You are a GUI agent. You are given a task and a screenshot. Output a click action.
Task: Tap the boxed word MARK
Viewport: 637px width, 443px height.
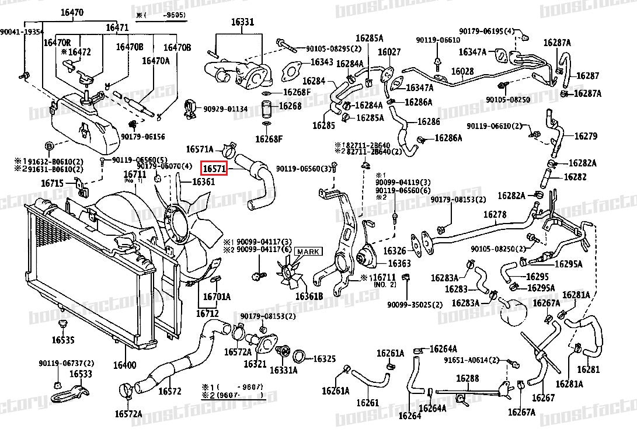point(308,252)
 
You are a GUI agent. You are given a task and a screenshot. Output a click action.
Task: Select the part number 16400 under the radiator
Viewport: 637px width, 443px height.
point(124,365)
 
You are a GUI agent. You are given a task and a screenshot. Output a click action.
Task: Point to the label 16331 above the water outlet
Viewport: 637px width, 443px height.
point(242,22)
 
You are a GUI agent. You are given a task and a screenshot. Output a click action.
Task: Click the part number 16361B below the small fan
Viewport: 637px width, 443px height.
point(309,297)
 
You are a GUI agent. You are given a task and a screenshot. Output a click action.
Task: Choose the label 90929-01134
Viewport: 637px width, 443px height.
point(225,109)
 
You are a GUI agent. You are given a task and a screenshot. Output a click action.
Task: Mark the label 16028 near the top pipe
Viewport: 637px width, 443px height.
point(462,71)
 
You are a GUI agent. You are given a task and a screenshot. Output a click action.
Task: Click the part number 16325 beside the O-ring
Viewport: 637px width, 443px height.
point(325,358)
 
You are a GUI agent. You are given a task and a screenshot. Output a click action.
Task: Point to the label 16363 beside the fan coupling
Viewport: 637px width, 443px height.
point(399,263)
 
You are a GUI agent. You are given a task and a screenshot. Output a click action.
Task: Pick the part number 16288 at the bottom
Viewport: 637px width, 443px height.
point(467,379)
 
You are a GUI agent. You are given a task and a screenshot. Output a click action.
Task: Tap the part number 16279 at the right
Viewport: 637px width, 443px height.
point(586,136)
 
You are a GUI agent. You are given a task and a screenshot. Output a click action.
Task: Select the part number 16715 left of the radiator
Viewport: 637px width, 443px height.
point(52,183)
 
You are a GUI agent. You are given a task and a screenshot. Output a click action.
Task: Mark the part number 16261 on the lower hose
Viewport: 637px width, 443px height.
point(367,403)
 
